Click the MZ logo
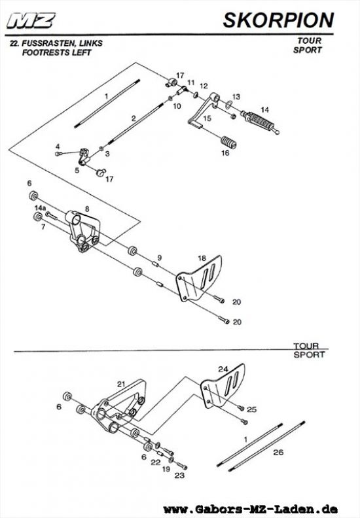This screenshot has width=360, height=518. point(31,21)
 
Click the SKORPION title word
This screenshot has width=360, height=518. point(278,20)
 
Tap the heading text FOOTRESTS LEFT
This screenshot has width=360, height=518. point(56,52)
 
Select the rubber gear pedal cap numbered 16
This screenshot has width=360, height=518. point(228,143)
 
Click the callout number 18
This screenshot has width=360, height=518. point(202,258)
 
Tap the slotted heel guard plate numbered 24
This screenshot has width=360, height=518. point(223,385)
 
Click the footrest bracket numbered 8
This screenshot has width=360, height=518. point(83,231)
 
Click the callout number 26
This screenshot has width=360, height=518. point(278,452)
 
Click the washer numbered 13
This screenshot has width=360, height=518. point(228,105)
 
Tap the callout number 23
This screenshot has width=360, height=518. point(179,475)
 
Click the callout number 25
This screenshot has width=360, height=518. point(251,409)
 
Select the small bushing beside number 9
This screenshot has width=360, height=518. point(155,264)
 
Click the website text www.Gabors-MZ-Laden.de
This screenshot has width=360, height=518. point(250,509)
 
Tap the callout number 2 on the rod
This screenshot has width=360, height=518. point(134,118)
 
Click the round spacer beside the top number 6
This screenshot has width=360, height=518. point(33,196)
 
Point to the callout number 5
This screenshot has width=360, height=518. point(77,171)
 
